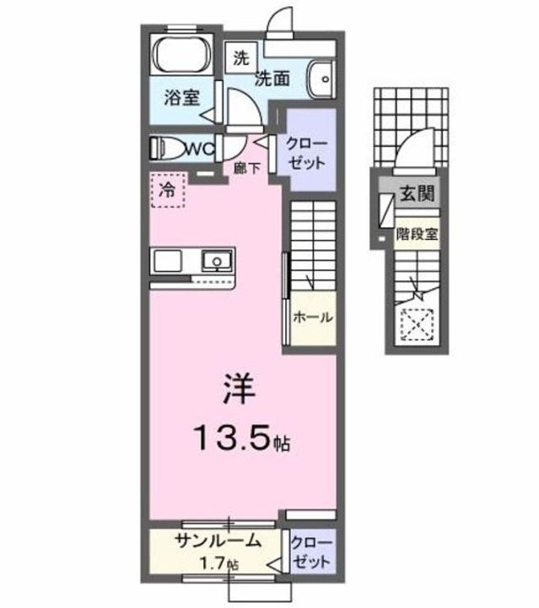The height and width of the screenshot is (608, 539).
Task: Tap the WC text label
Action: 201,148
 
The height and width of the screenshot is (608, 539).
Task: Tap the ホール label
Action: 312,318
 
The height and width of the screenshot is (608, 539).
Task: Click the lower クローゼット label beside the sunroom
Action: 311,551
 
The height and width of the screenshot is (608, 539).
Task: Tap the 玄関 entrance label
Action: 417,193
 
